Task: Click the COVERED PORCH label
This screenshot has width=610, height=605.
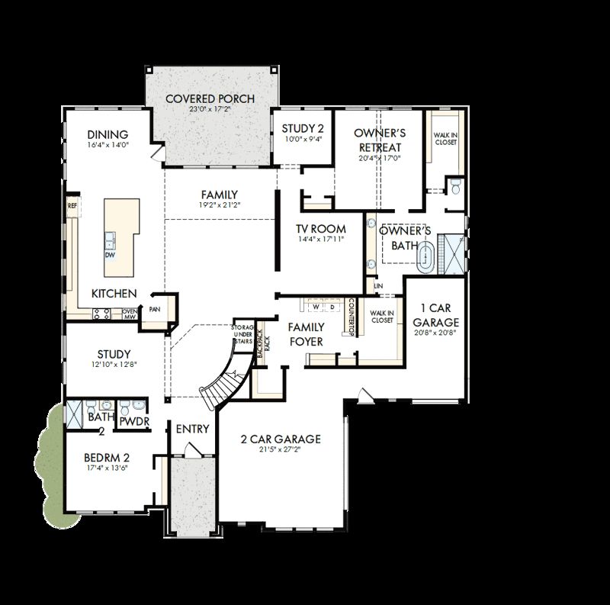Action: point(210,99)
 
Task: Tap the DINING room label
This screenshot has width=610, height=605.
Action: point(108,135)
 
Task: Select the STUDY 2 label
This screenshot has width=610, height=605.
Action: point(303,128)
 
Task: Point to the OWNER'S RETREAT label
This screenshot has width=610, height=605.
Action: point(379,140)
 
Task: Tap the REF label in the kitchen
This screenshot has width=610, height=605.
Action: point(72,205)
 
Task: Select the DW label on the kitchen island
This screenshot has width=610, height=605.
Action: point(111,255)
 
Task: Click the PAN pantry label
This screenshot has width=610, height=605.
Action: point(155,309)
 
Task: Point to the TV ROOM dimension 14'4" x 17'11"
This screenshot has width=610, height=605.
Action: point(322,240)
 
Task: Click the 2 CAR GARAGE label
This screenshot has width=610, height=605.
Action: point(281,439)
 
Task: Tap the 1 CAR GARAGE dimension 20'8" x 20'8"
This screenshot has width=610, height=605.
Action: point(436,333)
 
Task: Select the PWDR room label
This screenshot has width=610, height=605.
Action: point(133,421)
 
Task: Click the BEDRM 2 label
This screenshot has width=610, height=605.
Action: point(107,458)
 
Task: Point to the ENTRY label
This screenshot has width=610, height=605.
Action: point(192,429)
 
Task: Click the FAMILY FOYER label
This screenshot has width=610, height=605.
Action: point(307,334)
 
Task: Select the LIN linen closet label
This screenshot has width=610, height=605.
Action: point(377,285)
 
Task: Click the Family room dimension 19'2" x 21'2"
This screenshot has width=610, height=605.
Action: point(219,205)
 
